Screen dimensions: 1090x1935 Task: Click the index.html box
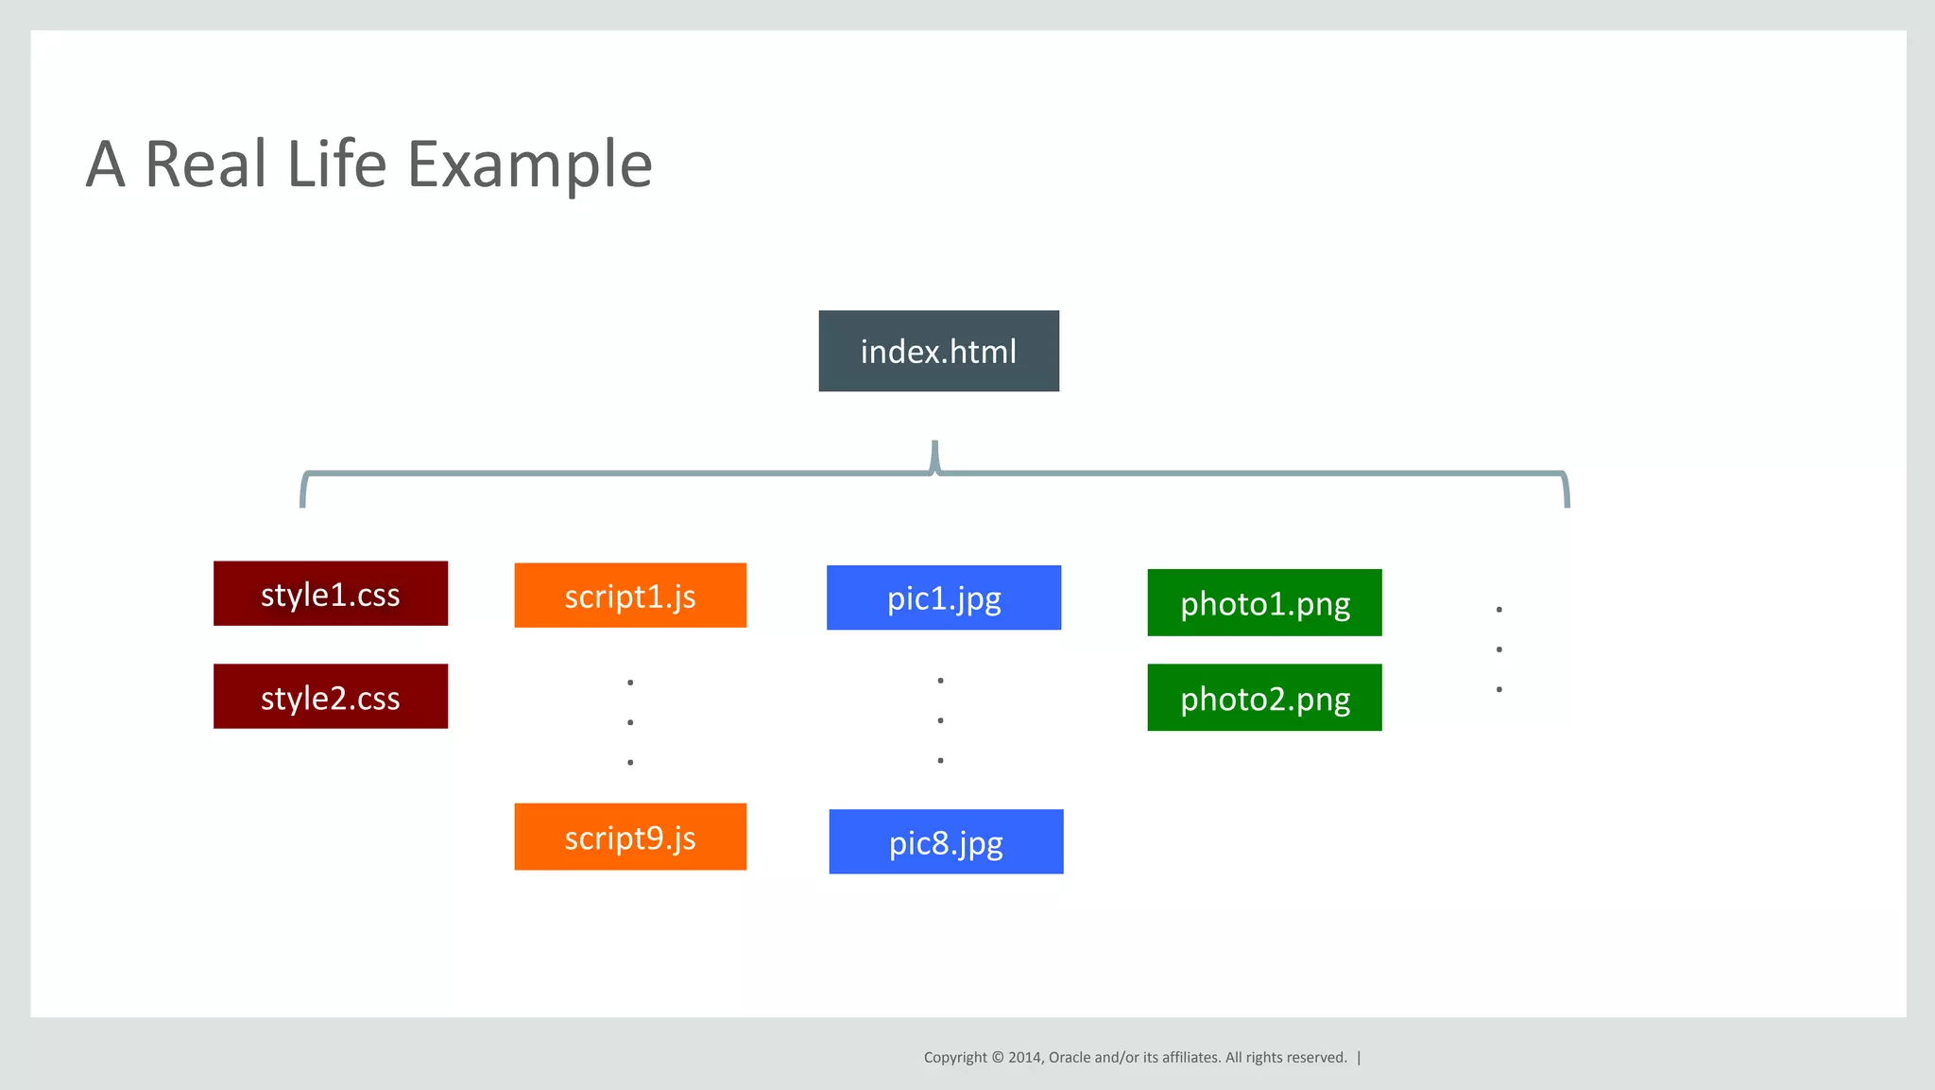click(x=938, y=351)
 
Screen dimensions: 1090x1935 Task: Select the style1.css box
click(x=331, y=594)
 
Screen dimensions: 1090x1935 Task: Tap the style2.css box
click(x=331, y=697)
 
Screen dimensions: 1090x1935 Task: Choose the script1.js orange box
click(x=630, y=596)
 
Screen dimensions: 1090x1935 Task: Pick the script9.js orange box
click(x=630, y=837)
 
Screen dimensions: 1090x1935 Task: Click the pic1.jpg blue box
click(x=944, y=597)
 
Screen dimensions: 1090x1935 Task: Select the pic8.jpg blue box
click(x=946, y=841)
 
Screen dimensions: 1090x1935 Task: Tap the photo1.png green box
click(x=1264, y=602)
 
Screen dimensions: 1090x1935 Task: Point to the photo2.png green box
click(x=1264, y=698)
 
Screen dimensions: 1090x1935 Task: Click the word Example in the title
click(x=529, y=165)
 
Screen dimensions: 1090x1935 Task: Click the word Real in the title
click(x=206, y=164)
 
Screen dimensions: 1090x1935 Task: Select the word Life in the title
click(x=336, y=164)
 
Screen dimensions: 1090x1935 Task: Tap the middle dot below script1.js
click(x=630, y=722)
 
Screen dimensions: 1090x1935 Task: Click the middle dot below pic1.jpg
click(x=940, y=720)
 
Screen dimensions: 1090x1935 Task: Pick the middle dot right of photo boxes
click(x=1499, y=649)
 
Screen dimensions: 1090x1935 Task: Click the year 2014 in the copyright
click(x=1024, y=1058)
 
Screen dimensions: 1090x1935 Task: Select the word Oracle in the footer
click(x=1069, y=1058)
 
